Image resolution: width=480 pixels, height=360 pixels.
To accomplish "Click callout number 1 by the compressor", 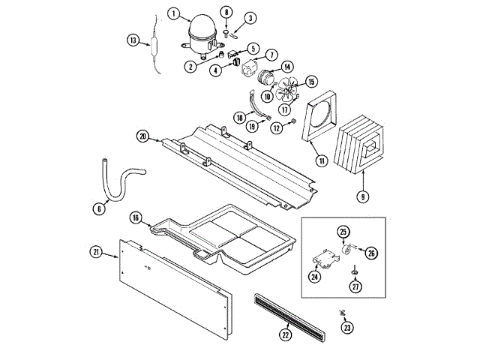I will pyautogui.click(x=175, y=13).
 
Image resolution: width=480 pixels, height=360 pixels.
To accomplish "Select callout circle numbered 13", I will pyautogui.click(x=133, y=40).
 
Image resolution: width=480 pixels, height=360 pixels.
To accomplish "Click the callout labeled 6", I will pyautogui.click(x=99, y=209).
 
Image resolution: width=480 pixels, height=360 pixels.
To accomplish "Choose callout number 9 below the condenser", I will pyautogui.click(x=362, y=197).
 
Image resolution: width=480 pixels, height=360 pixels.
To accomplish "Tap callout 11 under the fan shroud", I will pyautogui.click(x=321, y=160).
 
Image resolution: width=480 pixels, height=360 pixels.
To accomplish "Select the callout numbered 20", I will pyautogui.click(x=142, y=136).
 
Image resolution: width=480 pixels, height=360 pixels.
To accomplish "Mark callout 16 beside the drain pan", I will pyautogui.click(x=136, y=217).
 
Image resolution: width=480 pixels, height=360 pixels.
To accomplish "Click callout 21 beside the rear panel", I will pyautogui.click(x=96, y=252).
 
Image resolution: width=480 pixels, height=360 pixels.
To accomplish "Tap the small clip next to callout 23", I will pyautogui.click(x=342, y=311).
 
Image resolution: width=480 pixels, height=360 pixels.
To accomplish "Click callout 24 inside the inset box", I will pyautogui.click(x=314, y=275).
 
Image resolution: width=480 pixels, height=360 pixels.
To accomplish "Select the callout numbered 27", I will pyautogui.click(x=355, y=286).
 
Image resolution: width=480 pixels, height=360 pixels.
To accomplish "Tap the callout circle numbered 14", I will pyautogui.click(x=287, y=67).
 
